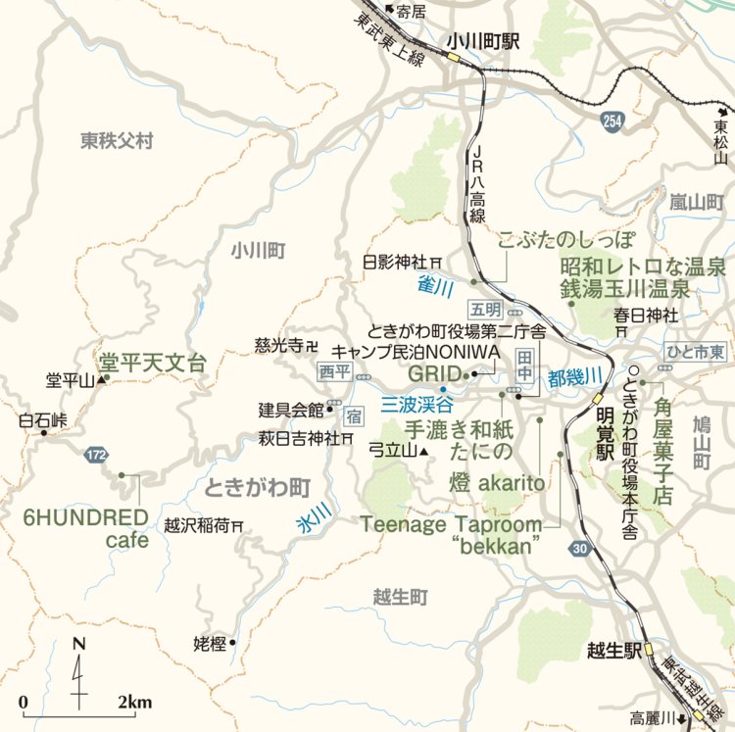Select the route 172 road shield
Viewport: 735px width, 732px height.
95,455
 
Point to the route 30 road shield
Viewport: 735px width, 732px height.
580,550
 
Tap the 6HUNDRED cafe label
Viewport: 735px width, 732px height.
86,528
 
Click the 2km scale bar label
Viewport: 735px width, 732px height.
134,702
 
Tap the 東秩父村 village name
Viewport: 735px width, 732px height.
118,142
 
